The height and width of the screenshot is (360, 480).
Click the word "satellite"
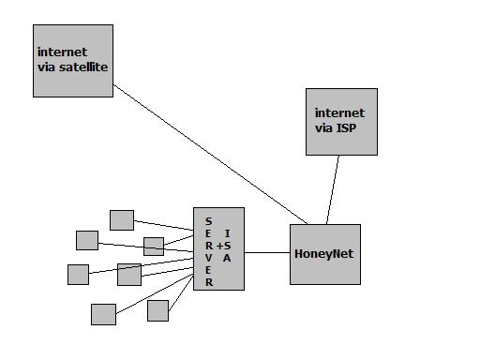click(x=83, y=67)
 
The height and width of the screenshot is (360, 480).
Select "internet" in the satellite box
click(x=62, y=52)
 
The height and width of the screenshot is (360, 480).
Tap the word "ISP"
click(x=346, y=128)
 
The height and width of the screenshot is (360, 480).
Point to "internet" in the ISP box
click(x=339, y=113)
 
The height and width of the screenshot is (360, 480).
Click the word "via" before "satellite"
click(x=46, y=67)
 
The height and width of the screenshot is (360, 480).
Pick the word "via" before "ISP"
click(x=323, y=128)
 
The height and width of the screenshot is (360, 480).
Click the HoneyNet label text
click(x=324, y=254)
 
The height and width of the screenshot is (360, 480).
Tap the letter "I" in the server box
click(x=227, y=233)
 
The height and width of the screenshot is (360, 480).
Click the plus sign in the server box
click(x=219, y=246)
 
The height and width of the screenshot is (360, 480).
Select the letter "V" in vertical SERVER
click(x=209, y=258)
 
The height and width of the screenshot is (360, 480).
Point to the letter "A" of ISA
click(x=227, y=258)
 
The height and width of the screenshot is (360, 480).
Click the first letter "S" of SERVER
click(x=209, y=221)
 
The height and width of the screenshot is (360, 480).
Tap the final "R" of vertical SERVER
click(x=209, y=282)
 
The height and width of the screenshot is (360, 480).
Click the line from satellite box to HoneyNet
click(x=210, y=154)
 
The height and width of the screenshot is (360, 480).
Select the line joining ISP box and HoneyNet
click(x=333, y=189)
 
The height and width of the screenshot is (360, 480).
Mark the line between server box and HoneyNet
click(x=267, y=252)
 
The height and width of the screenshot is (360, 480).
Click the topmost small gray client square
click(x=122, y=220)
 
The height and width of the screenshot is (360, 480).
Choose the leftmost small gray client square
click(x=78, y=275)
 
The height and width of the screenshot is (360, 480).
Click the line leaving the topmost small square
click(x=164, y=225)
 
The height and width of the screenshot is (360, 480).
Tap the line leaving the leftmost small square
click(x=142, y=266)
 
